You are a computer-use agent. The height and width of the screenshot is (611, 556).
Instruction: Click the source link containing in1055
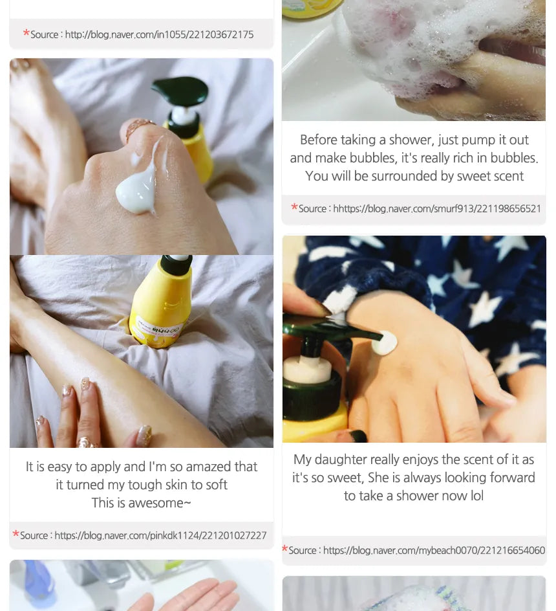click(x=159, y=35)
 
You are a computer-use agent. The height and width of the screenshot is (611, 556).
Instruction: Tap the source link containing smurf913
click(x=437, y=208)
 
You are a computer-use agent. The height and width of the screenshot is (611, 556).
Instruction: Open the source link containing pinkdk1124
click(x=160, y=535)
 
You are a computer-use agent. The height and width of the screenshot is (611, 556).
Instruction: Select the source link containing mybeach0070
click(x=434, y=550)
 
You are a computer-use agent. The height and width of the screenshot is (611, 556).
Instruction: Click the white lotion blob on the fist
click(x=137, y=193)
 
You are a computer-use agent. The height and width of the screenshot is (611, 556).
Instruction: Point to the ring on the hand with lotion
click(x=138, y=128)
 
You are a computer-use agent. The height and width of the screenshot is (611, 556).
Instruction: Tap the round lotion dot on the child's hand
click(x=384, y=342)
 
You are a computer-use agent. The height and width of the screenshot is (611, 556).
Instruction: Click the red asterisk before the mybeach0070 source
click(x=285, y=549)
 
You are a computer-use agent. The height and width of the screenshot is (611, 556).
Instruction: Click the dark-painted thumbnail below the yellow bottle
click(x=358, y=435)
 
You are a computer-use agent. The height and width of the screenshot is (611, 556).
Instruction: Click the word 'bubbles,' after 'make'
click(x=372, y=158)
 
